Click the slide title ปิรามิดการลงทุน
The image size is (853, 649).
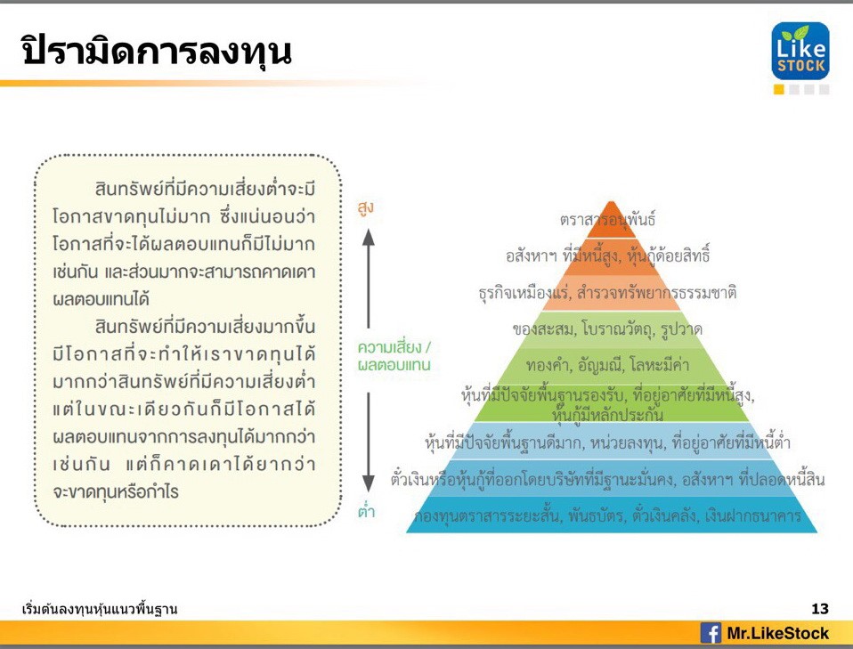pyautogui.click(x=157, y=51)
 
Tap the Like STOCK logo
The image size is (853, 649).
pyautogui.click(x=800, y=51)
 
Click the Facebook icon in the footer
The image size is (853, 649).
pyautogui.click(x=711, y=633)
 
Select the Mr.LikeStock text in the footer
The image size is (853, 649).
pyautogui.click(x=778, y=633)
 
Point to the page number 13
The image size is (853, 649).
pyautogui.click(x=820, y=609)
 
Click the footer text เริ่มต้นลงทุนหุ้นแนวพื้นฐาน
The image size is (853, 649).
pyautogui.click(x=100, y=609)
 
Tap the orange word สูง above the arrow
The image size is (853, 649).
pyautogui.click(x=366, y=207)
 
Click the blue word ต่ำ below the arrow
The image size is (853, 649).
pyautogui.click(x=366, y=511)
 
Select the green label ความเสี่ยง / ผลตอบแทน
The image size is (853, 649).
pyautogui.click(x=394, y=356)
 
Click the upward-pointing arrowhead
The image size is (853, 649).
pyautogui.click(x=369, y=237)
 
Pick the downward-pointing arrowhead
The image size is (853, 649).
pyautogui.click(x=369, y=483)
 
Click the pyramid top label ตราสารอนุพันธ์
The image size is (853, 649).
pyautogui.click(x=607, y=219)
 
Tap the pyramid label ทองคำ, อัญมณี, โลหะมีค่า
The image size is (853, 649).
pyautogui.click(x=607, y=364)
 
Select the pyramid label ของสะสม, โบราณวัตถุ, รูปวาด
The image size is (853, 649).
pyautogui.click(x=607, y=329)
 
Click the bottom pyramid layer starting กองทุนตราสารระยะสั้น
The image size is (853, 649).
pyautogui.click(x=607, y=515)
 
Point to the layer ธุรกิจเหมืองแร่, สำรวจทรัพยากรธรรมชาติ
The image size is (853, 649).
pyautogui.click(x=607, y=293)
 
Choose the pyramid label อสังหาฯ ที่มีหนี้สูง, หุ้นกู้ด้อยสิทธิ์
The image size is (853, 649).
pyautogui.click(x=607, y=256)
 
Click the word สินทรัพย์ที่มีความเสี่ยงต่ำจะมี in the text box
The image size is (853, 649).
pyautogui.click(x=205, y=189)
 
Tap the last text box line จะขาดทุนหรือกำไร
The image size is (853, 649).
pyautogui.click(x=116, y=491)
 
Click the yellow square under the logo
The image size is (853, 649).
pyautogui.click(x=779, y=90)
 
